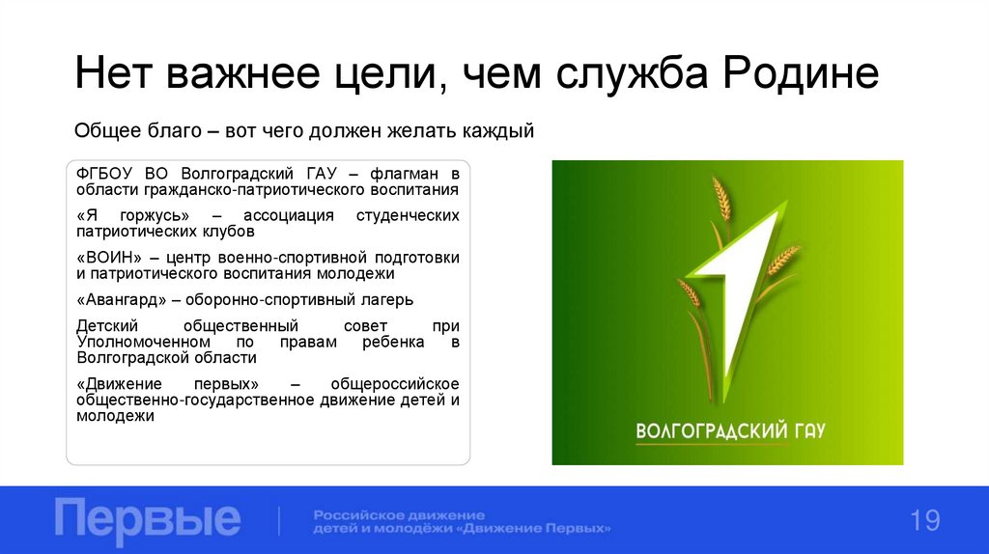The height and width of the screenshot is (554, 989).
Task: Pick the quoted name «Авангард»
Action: (124, 298)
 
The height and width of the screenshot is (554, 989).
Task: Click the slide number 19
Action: (924, 521)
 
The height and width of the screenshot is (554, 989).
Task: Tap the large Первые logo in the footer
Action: (148, 519)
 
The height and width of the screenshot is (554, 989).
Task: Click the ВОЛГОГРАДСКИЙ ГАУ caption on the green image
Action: (729, 429)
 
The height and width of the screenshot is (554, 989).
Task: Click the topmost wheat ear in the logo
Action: (721, 199)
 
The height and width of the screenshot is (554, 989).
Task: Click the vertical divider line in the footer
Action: (279, 520)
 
